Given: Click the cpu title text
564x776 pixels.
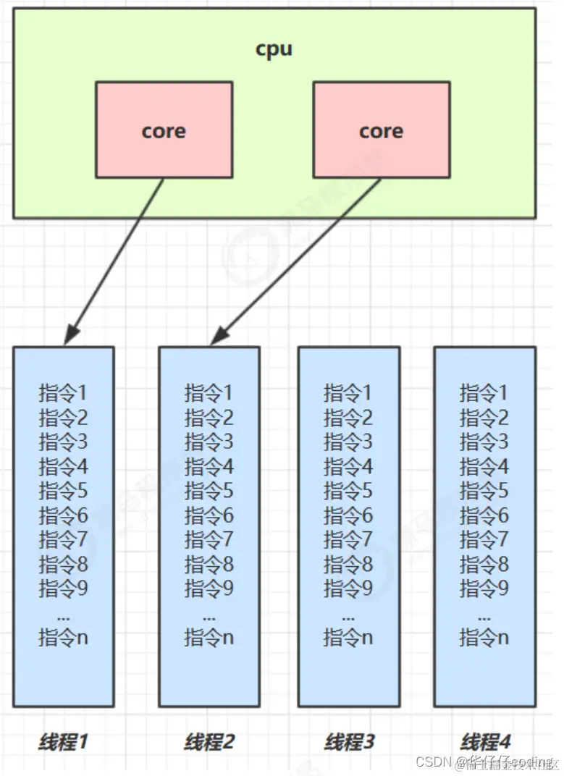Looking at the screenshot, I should click(x=274, y=48).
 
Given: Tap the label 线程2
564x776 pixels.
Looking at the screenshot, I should click(x=209, y=741).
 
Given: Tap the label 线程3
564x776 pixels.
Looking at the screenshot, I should click(x=349, y=741).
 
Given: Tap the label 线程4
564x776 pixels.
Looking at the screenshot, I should click(x=485, y=741).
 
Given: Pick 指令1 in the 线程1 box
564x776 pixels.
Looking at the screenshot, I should click(x=63, y=393).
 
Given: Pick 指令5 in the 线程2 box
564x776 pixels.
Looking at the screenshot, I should click(x=209, y=492).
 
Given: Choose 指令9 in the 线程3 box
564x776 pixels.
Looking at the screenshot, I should click(x=348, y=589).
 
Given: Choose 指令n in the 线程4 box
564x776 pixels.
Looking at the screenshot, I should click(x=484, y=638).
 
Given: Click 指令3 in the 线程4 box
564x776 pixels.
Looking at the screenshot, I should click(x=484, y=442).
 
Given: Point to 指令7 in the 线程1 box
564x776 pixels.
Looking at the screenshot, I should click(x=63, y=539).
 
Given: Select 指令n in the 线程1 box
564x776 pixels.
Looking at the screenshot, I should click(x=63, y=638).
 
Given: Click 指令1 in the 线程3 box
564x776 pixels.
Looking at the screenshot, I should click(x=348, y=393).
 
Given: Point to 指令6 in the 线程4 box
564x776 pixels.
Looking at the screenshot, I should click(x=484, y=515).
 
